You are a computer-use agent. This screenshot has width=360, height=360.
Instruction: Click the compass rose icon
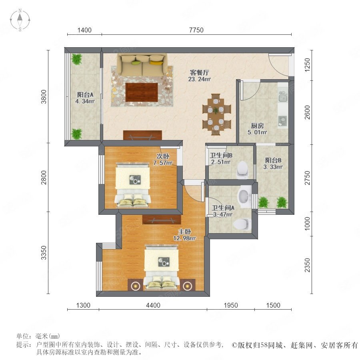point(20,20)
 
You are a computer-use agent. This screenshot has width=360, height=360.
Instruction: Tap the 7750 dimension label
point(196,30)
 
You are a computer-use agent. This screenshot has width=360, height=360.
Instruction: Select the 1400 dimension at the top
point(84,30)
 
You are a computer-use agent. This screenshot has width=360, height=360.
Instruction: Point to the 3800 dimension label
point(44,97)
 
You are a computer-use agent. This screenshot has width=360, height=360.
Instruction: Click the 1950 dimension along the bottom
point(231,305)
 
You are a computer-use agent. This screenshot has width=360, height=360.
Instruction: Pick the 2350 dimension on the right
point(308,265)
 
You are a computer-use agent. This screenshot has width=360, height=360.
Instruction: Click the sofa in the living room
point(142,64)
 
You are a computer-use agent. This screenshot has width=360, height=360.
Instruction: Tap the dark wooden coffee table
point(142,92)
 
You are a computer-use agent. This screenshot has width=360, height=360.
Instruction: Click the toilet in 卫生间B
point(242,169)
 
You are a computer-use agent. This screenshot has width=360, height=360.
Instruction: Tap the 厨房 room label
point(257,126)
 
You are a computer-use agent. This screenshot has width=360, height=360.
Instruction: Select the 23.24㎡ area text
point(199,79)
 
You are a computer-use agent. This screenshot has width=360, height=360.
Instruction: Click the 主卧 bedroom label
point(184,232)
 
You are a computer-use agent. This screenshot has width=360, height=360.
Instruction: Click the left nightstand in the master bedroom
point(136,285)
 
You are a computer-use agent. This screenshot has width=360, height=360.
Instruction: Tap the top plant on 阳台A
point(76,59)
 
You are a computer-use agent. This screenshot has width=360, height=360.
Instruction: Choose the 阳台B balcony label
point(273,160)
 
